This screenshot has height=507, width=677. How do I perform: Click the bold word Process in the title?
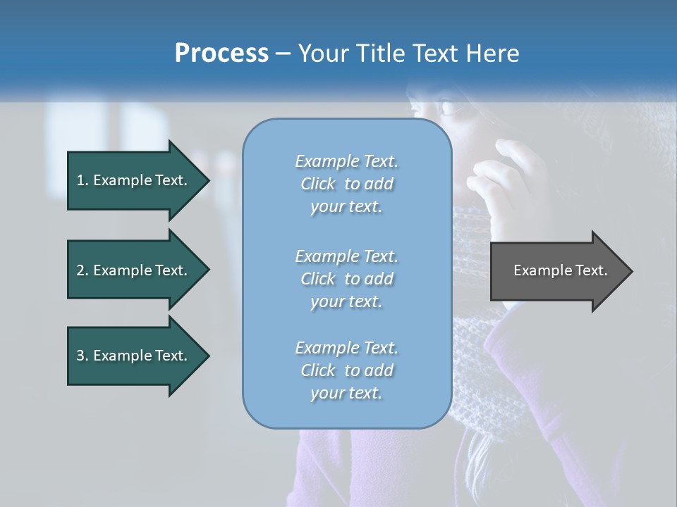click(221, 54)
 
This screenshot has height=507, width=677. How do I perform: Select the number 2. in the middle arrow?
click(83, 270)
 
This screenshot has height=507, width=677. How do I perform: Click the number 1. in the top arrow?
click(83, 180)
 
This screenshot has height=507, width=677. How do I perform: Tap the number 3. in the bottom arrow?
click(83, 356)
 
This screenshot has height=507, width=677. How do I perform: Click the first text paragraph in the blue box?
click(346, 184)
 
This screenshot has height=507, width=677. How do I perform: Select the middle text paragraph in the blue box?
click(346, 279)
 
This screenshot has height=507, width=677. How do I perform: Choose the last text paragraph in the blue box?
click(346, 370)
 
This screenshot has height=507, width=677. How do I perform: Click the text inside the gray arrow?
click(561, 270)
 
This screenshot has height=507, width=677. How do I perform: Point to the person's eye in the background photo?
click(448, 108)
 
